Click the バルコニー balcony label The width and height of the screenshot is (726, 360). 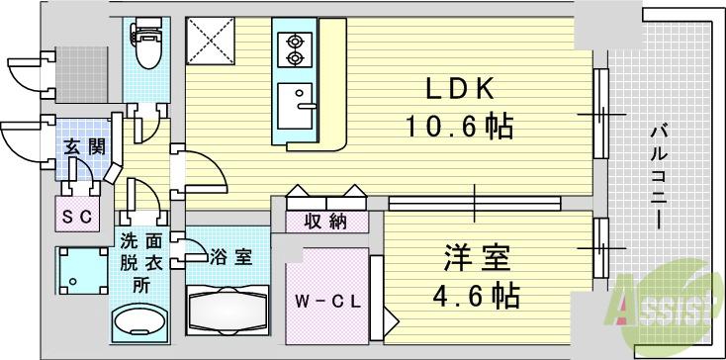click(658, 178)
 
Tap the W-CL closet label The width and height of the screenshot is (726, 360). click(323, 300)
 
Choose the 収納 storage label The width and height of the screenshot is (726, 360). click(324, 221)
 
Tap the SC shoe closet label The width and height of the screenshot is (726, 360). click(76, 215)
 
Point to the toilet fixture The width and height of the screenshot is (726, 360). click(144, 51)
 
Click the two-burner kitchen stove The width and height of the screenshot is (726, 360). click(294, 50)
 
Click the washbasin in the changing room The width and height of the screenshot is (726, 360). click(140, 322)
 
